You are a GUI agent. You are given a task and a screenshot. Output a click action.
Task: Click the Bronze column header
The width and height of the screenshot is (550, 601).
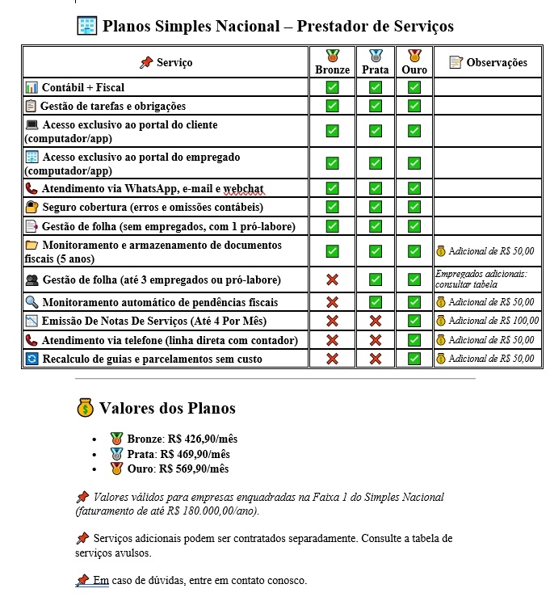pyautogui.click(x=332, y=64)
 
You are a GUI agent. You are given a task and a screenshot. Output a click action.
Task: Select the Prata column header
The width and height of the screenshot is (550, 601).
pyautogui.click(x=376, y=64)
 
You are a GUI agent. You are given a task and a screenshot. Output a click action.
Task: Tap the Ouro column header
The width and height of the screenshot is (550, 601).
pyautogui.click(x=414, y=64)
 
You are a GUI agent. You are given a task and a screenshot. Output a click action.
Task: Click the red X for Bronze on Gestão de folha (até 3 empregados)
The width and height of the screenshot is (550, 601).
pyautogui.click(x=332, y=279)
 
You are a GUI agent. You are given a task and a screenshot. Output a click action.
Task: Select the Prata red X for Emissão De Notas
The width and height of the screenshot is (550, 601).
pyautogui.click(x=376, y=321)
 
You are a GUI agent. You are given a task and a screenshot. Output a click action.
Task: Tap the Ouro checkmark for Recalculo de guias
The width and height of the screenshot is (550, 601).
pyautogui.click(x=414, y=359)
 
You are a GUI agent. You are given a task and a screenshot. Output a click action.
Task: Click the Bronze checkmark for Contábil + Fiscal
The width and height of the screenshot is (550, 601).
pyautogui.click(x=332, y=86)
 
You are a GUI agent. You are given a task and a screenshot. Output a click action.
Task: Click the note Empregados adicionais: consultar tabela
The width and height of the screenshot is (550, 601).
pyautogui.click(x=481, y=279)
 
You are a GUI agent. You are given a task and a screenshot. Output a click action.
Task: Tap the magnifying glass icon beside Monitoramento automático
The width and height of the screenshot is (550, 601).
pyautogui.click(x=31, y=301)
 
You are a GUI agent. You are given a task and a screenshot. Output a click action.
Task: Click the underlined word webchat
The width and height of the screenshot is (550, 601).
pyautogui.click(x=244, y=188)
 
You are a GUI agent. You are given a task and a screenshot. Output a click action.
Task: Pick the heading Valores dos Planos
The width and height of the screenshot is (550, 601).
pyautogui.click(x=167, y=408)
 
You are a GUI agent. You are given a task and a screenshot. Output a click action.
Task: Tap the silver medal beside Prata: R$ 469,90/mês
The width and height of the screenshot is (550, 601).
pyautogui.click(x=116, y=454)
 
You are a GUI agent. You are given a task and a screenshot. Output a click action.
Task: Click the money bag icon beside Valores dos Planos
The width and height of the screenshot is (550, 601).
pyautogui.click(x=86, y=408)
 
